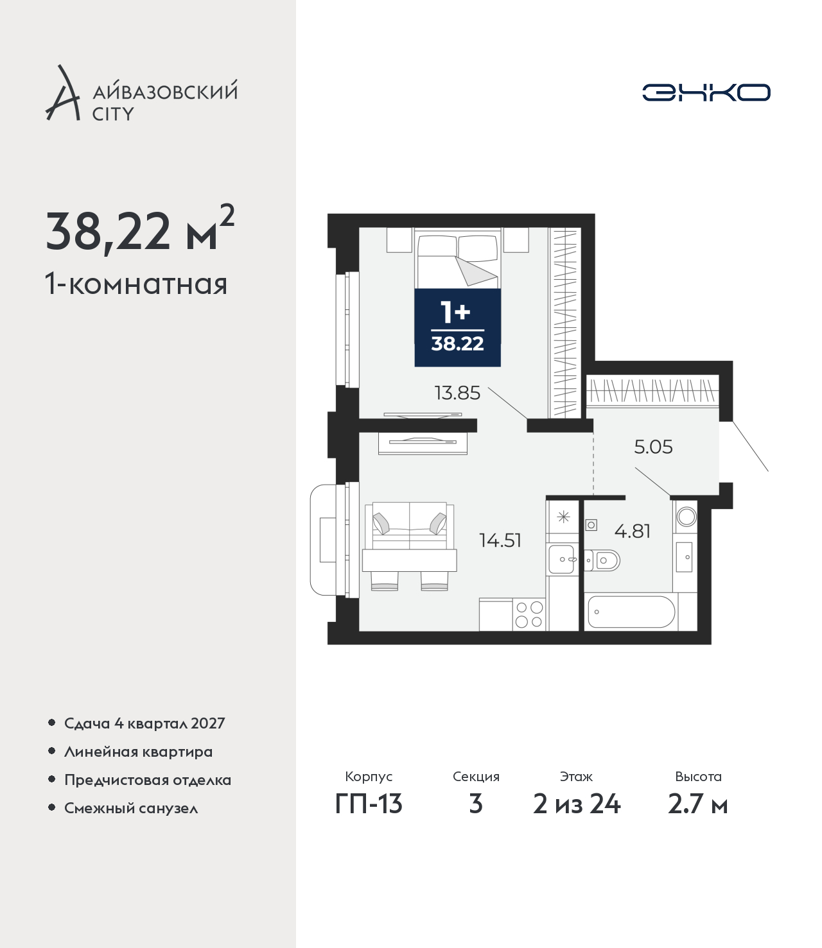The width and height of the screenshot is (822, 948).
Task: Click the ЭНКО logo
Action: pos(706,92)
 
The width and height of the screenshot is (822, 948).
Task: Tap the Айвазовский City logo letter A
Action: pos(63,93)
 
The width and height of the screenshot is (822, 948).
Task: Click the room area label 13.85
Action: pos(457,393)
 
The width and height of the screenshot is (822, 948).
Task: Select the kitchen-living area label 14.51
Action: pos(500,540)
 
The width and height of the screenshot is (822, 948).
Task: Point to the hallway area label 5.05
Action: pos(653,447)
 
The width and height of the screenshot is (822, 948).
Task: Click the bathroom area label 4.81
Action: pos(632,531)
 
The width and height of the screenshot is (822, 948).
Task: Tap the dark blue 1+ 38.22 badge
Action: pos(458,327)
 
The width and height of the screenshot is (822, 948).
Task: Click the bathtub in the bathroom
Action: pos(631,612)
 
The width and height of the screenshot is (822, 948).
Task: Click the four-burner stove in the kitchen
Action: pos(529,614)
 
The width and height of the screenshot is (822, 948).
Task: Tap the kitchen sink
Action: pos(561,559)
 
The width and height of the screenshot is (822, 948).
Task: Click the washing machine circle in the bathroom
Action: pos(686,517)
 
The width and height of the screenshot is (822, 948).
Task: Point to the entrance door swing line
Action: pos(750,446)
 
